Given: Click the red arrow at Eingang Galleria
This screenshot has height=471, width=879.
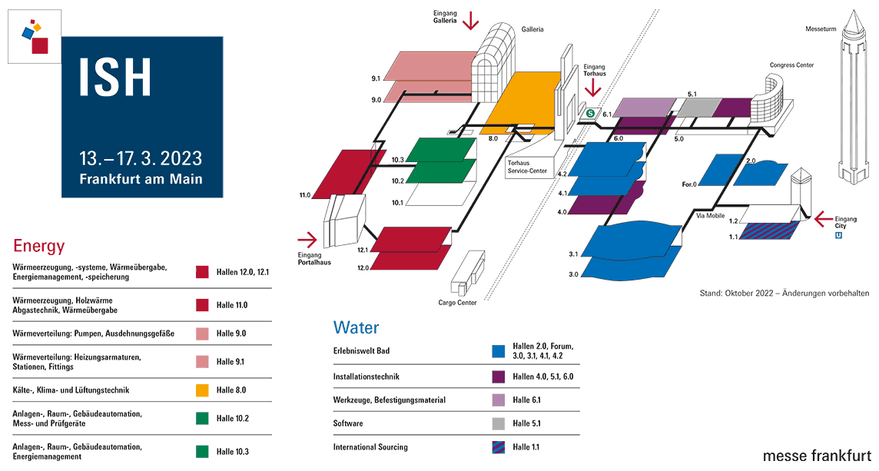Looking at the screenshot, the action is click(x=470, y=21).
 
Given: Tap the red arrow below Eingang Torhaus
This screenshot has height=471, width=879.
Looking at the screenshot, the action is click(x=592, y=88).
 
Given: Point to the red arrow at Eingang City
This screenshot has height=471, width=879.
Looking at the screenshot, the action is click(x=823, y=219).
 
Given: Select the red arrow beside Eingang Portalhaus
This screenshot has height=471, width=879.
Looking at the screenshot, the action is click(x=307, y=240).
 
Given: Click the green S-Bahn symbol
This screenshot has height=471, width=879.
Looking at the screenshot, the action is click(x=590, y=114).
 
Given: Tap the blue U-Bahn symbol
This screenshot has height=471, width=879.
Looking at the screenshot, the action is click(x=838, y=235).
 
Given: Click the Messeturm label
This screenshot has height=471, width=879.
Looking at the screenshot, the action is click(x=821, y=28).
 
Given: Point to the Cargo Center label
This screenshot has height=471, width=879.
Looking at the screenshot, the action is click(x=457, y=302).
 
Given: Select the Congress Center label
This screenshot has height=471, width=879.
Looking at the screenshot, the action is click(x=791, y=65).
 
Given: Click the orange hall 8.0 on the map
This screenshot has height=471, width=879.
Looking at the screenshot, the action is click(x=522, y=101).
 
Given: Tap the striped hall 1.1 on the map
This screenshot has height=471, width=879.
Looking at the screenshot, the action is click(x=770, y=231).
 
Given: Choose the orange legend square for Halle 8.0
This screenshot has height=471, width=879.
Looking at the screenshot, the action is click(x=202, y=390).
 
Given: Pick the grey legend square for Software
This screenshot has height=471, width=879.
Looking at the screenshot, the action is click(x=499, y=423).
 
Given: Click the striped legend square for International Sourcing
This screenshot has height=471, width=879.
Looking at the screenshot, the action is click(x=499, y=447).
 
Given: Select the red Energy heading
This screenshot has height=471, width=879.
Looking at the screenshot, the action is click(x=38, y=246).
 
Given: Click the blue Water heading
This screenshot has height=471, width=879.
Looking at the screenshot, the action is click(x=356, y=327).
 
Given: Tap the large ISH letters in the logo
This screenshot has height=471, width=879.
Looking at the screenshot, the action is click(x=115, y=77).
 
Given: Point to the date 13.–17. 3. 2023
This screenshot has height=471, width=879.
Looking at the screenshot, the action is click(x=141, y=158).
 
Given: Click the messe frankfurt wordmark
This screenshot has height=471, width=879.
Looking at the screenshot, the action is click(x=817, y=456).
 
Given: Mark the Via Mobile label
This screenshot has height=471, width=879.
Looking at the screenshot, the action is click(x=710, y=215).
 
